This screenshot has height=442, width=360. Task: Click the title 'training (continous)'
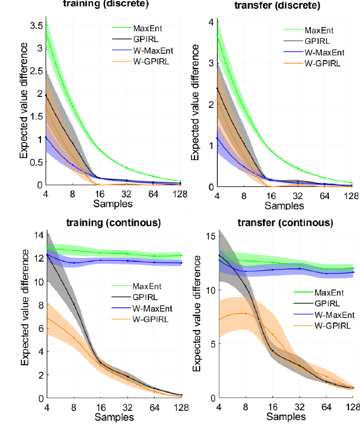[113, 222]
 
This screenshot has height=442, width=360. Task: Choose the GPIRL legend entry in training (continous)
[141, 296]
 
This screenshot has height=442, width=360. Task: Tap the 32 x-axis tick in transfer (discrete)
[298, 196]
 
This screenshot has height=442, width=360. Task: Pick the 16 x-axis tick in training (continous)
[100, 407]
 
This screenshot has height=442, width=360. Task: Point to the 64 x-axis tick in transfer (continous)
[325, 407]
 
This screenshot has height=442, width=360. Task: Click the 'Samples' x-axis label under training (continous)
[113, 416]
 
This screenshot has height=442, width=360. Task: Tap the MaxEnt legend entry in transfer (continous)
[324, 294]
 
